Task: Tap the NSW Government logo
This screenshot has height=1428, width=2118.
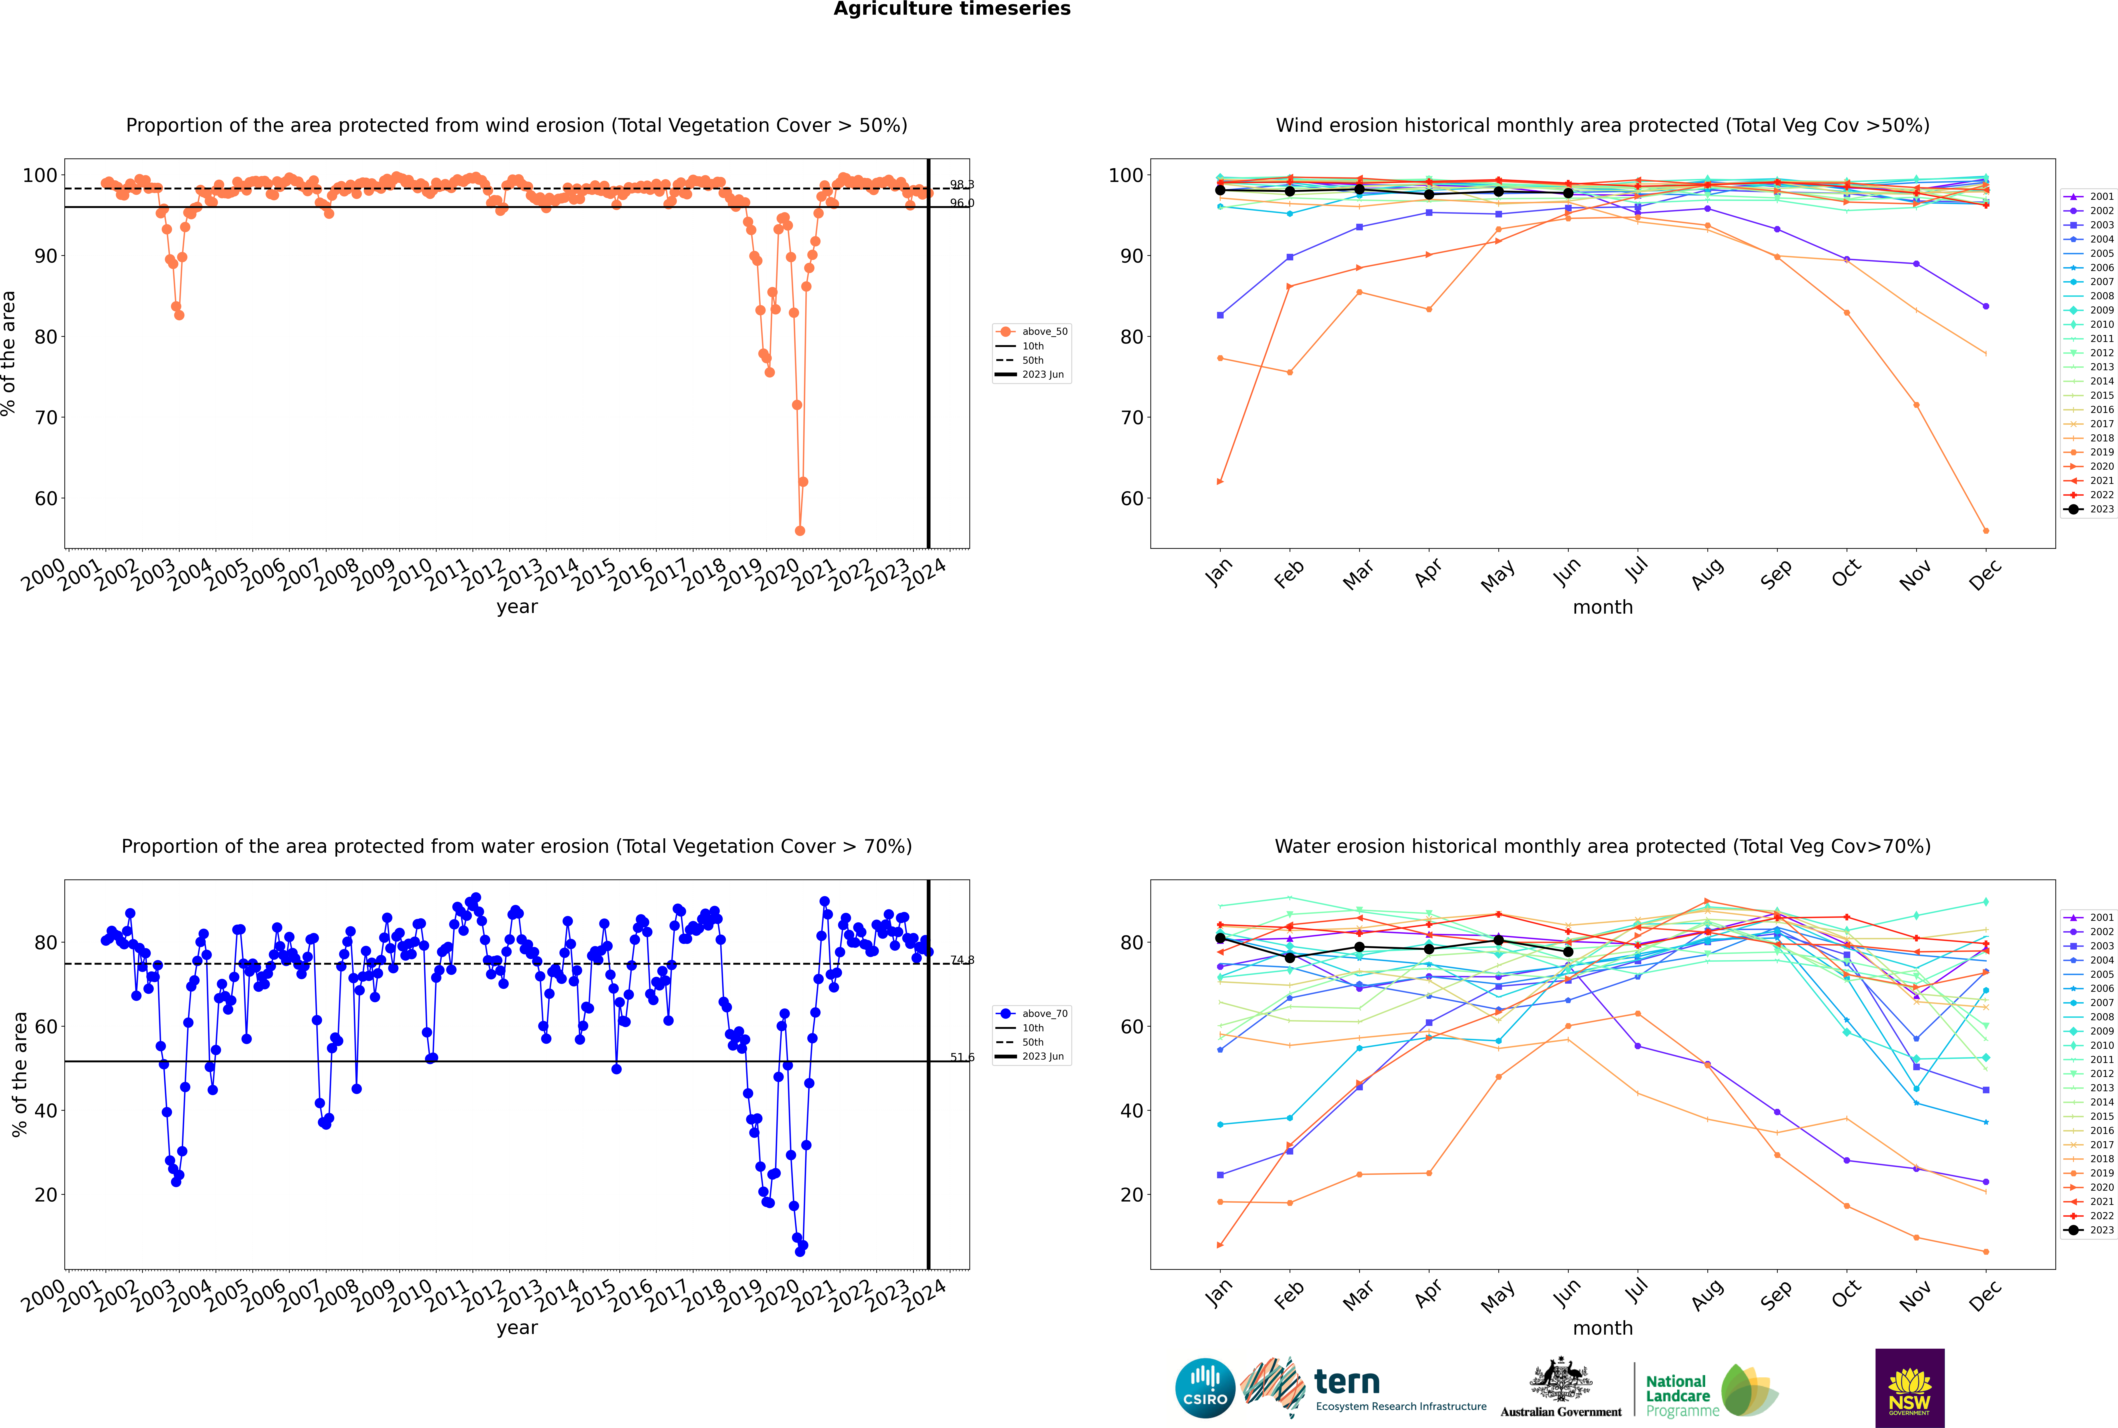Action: (1909, 1387)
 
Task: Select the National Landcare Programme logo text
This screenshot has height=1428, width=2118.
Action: (1677, 1395)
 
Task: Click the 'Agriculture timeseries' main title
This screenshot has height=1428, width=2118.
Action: (952, 9)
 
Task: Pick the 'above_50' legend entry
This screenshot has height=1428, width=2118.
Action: (1044, 332)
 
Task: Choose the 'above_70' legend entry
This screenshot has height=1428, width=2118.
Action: (1044, 1014)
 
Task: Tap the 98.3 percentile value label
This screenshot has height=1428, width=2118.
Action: (961, 185)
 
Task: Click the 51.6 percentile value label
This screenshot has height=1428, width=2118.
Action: (961, 1057)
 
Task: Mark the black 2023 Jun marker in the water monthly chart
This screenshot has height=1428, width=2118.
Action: (1568, 952)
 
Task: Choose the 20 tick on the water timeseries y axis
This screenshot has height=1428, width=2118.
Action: (45, 1195)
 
